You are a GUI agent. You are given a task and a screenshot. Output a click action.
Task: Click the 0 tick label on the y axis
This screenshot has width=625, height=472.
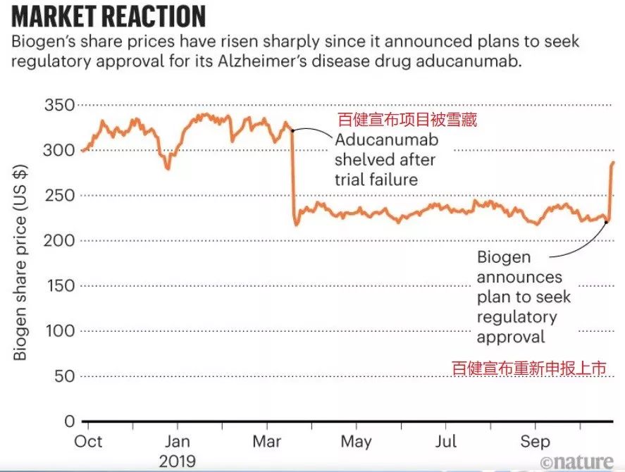point(69,421)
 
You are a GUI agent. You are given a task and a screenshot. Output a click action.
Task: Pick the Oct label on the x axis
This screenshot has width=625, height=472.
point(89,442)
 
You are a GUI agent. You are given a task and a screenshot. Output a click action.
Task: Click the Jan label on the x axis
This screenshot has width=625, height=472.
point(177,442)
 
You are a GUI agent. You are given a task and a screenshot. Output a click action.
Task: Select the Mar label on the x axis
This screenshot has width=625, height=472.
point(266,442)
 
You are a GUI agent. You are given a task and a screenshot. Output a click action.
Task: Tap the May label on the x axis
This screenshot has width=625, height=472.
point(356,442)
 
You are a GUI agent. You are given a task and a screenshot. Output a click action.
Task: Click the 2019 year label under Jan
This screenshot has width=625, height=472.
point(177,461)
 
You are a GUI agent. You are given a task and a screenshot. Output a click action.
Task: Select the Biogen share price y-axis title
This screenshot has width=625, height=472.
point(20,263)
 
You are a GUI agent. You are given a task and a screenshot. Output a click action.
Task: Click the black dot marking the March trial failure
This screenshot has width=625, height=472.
point(292,130)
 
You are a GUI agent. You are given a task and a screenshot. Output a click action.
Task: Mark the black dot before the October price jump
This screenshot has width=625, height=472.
point(607,222)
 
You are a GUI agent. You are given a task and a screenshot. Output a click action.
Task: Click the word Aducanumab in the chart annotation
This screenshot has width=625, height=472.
point(386,139)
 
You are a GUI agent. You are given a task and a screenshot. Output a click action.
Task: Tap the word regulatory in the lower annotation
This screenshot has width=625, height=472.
point(516,316)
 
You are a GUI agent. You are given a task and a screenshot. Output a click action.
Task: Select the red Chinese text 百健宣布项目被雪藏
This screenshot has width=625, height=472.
point(407,120)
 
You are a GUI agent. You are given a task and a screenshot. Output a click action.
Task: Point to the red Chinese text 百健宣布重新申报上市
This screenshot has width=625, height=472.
point(528,368)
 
